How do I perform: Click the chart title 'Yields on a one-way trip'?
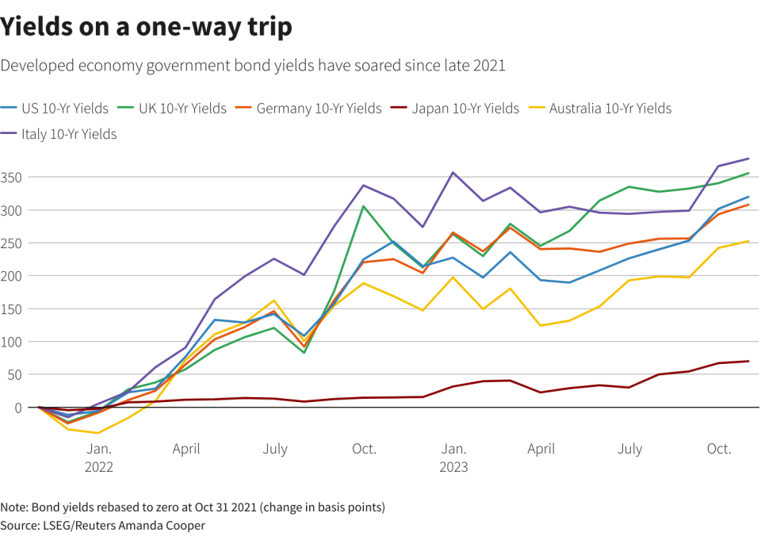click(146, 27)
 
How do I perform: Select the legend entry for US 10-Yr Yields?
click(55, 109)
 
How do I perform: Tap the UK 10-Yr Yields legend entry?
click(172, 109)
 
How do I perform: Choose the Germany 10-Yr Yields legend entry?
click(308, 109)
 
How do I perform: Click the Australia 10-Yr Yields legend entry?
click(600, 109)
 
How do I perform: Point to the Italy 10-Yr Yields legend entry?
click(59, 134)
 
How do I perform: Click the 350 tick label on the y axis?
click(11, 178)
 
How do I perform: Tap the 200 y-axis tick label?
click(11, 276)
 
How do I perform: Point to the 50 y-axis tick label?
click(14, 375)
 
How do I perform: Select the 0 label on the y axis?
click(18, 408)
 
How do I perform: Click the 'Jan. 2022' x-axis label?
click(99, 458)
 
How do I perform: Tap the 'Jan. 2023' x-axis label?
click(453, 458)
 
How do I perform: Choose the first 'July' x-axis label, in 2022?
click(275, 449)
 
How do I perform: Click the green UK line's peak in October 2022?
click(364, 206)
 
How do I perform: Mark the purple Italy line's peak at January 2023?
click(453, 172)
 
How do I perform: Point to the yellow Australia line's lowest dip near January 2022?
click(98, 433)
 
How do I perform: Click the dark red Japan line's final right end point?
click(748, 362)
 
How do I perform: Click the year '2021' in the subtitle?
click(489, 66)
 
